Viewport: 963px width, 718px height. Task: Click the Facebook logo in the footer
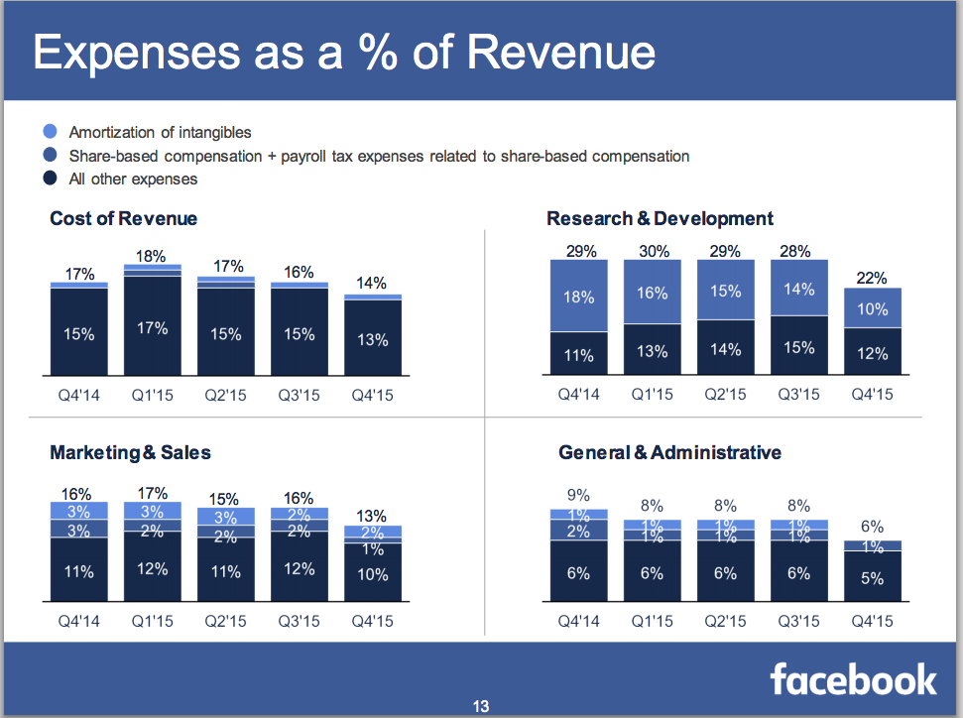click(853, 679)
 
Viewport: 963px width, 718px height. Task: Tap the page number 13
click(481, 707)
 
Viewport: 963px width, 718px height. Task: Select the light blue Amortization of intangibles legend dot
click(52, 132)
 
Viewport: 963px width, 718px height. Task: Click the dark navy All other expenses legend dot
click(52, 179)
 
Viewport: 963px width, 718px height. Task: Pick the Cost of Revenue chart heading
click(124, 218)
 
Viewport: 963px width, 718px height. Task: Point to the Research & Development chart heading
click(660, 218)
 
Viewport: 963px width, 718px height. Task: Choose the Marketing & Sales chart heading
click(130, 453)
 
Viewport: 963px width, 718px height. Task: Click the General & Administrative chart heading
click(669, 453)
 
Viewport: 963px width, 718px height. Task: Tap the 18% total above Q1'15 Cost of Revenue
click(152, 256)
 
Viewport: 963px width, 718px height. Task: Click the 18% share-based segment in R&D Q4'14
click(579, 297)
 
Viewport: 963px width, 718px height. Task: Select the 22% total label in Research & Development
click(873, 279)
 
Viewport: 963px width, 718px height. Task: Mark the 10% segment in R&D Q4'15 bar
click(873, 308)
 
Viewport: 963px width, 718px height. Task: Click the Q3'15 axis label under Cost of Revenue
click(299, 395)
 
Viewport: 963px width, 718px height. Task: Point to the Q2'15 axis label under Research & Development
click(725, 395)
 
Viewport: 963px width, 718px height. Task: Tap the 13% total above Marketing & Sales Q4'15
click(372, 516)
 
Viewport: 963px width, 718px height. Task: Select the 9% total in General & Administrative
click(579, 495)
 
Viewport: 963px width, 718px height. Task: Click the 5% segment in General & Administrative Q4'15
click(873, 578)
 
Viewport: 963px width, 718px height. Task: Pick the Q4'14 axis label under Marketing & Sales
click(78, 622)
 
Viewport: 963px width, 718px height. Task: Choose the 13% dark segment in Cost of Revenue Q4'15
click(372, 339)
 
